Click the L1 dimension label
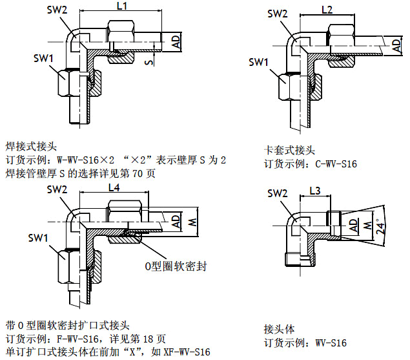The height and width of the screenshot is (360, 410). [122, 6]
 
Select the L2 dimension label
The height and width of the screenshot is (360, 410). [327, 10]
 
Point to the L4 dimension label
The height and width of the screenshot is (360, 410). [114, 188]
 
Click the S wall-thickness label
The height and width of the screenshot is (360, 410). [149, 62]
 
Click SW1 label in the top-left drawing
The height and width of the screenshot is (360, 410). [45, 58]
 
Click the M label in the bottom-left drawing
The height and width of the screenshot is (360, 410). [190, 223]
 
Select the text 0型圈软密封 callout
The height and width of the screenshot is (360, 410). [175, 266]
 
